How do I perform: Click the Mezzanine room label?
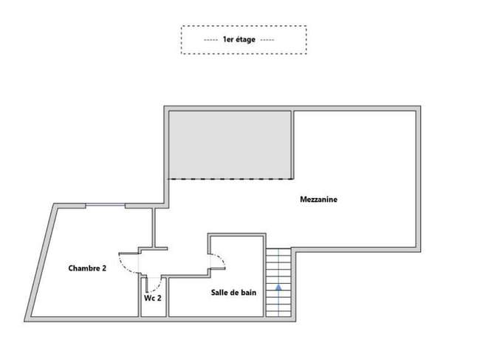coord(319,200)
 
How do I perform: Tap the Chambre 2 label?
coord(87,268)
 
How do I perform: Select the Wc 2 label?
coord(153,298)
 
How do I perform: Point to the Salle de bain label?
coord(233,293)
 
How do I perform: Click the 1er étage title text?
coord(239,39)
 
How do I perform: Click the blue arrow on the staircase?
coord(278,287)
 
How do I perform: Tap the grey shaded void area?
coord(230,145)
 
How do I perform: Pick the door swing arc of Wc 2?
coord(157,287)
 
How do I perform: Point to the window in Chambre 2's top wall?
coord(106,205)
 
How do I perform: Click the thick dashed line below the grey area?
coord(231,179)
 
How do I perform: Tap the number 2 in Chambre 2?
coord(104,268)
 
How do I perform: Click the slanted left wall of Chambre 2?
coord(41,262)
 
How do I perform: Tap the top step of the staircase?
coord(278,251)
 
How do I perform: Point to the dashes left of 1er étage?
coord(211,40)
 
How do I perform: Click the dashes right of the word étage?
coord(267,40)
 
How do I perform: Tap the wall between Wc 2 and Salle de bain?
coord(167,297)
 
